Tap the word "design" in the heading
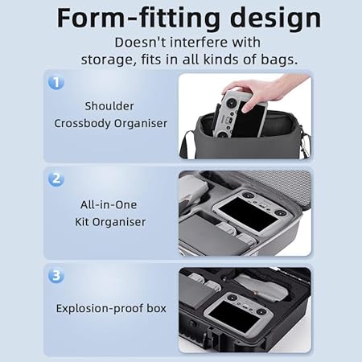tap(276, 19)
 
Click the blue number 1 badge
tap(56, 83)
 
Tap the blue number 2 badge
tap(56, 179)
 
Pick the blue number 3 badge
tap(56, 275)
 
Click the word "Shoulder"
tap(109, 106)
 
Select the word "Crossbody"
tap(82, 124)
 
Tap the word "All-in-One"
tap(109, 205)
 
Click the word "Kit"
tap(82, 222)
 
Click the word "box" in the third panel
tap(157, 308)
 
